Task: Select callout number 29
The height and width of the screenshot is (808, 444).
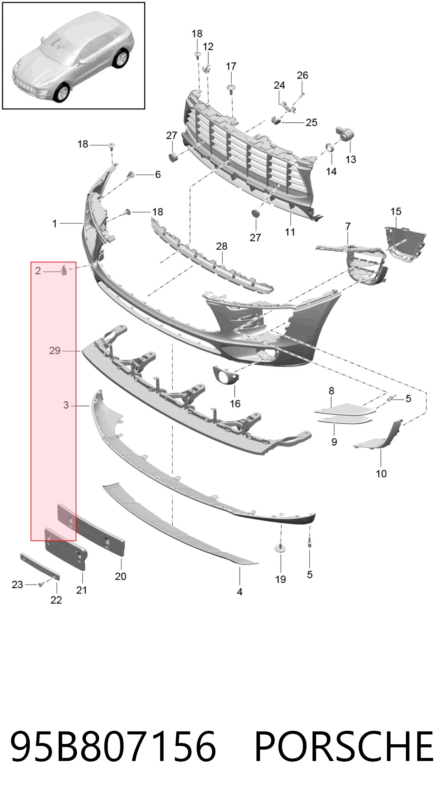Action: pyautogui.click(x=55, y=351)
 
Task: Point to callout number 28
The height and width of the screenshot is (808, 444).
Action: pyautogui.click(x=222, y=246)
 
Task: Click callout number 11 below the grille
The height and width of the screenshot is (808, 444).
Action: pyautogui.click(x=290, y=232)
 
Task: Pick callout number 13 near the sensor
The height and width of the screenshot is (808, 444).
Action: pyautogui.click(x=351, y=159)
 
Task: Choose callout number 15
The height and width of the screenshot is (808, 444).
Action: pyautogui.click(x=396, y=211)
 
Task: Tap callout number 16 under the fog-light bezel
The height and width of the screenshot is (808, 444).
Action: pyautogui.click(x=235, y=404)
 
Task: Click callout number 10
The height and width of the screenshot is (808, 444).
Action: pyautogui.click(x=381, y=474)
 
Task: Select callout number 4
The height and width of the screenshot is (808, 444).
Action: pyautogui.click(x=240, y=592)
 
